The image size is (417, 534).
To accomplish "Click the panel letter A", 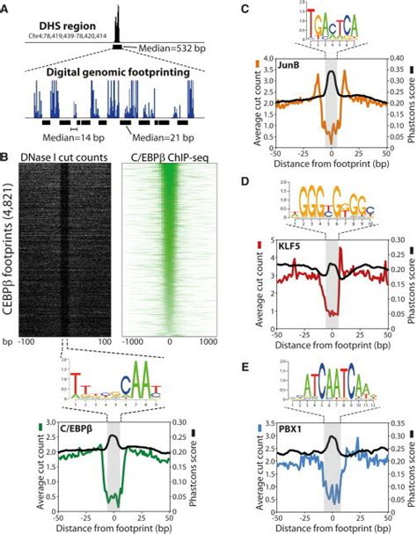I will click(x=7, y=7).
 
